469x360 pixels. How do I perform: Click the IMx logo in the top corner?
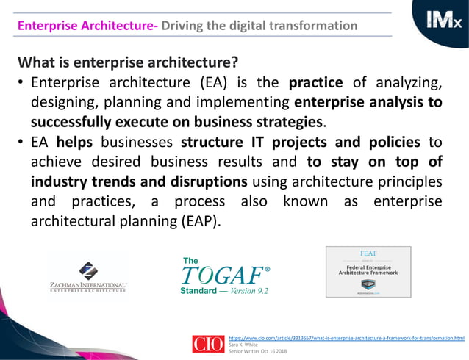point(442,20)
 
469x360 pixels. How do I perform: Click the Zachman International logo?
point(89,276)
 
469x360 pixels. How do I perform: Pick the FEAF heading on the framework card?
point(368,253)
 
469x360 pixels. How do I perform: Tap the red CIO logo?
point(208,344)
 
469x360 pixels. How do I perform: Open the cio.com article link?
point(346,338)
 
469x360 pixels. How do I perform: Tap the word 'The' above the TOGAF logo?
point(190,261)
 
